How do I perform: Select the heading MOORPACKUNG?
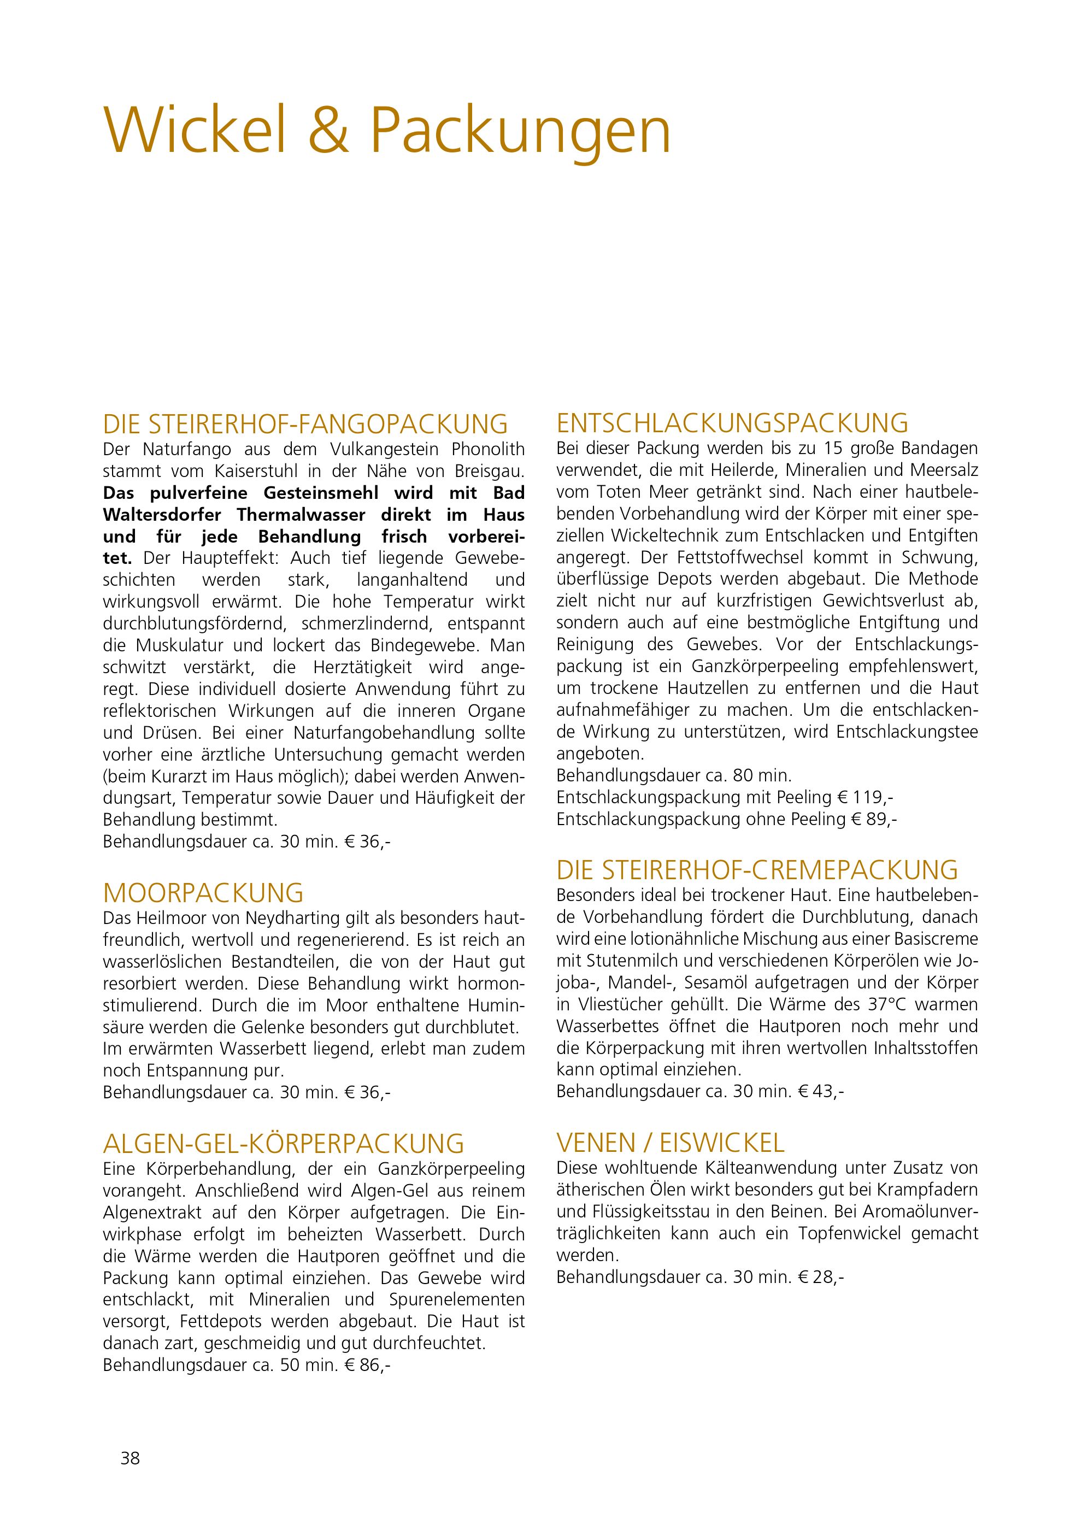click(x=203, y=892)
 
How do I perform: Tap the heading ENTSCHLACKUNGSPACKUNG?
click(x=732, y=424)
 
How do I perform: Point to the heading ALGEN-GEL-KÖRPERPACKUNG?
click(x=283, y=1144)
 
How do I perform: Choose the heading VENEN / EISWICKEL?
click(x=671, y=1144)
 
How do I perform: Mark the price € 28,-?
click(x=821, y=1278)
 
